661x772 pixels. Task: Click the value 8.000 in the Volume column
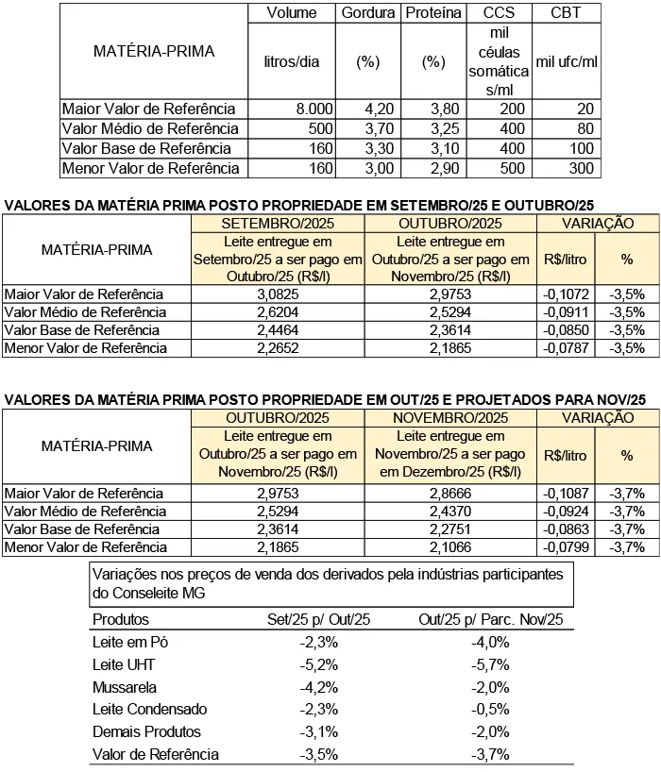point(314,109)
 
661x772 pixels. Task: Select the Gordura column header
point(367,13)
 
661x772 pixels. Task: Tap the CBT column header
point(567,13)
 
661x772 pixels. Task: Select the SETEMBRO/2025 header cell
point(277,224)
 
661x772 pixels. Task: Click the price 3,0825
point(277,294)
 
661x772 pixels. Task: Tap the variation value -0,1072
point(566,294)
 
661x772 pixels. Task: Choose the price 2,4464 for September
point(277,330)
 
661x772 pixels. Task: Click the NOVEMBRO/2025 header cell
point(449,418)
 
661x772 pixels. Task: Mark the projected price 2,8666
point(449,494)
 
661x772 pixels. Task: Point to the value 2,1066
point(449,547)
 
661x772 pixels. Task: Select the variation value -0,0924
point(566,512)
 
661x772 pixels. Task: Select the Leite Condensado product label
point(149,709)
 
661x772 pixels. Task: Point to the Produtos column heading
point(121,619)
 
